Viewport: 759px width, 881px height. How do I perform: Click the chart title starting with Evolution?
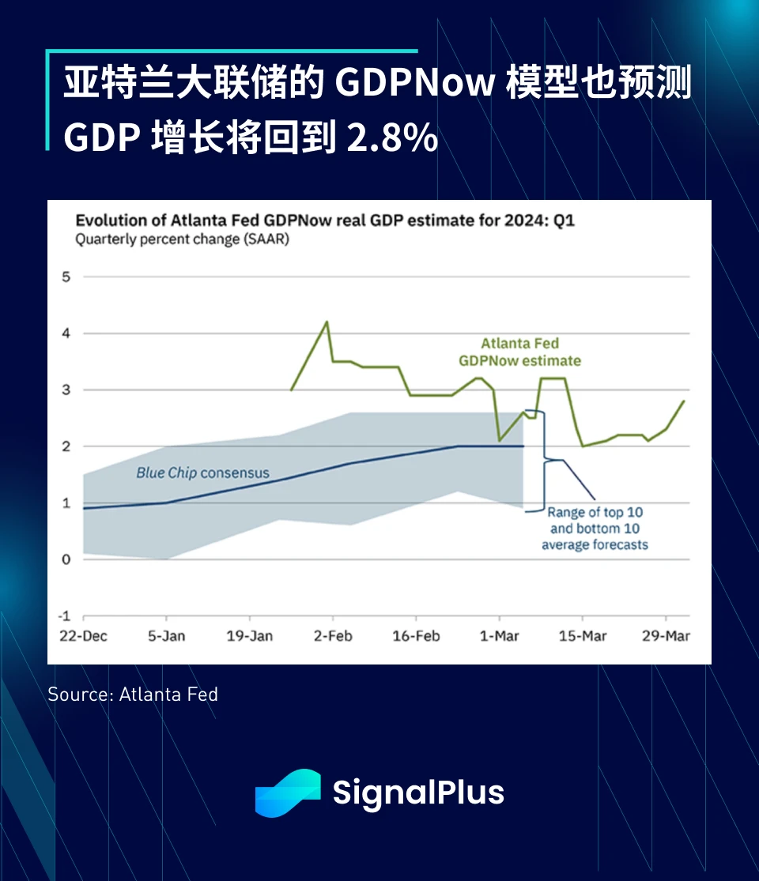coord(325,220)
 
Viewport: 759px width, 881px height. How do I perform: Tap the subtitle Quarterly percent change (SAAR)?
coord(182,239)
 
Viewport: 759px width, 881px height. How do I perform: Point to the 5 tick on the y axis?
coord(66,277)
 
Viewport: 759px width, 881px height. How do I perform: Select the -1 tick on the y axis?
coord(65,616)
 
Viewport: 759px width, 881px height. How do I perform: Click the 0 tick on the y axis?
coord(66,559)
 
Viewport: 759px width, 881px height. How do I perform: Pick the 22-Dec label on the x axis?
coord(84,636)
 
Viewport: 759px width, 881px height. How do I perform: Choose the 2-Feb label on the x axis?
coord(333,636)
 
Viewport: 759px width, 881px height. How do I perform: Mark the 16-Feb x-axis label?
coord(416,636)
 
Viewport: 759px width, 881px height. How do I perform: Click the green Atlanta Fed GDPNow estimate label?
coord(519,352)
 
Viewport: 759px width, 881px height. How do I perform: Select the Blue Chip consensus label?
coord(202,473)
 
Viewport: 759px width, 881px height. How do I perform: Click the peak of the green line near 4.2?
coord(327,322)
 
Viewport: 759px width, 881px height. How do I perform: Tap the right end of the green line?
coord(683,401)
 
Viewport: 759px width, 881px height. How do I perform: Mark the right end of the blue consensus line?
coord(523,446)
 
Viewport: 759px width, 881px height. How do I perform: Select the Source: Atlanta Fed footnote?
coord(133,695)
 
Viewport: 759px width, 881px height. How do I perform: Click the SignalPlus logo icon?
coord(287,793)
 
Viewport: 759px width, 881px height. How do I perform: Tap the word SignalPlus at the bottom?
coord(418,793)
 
